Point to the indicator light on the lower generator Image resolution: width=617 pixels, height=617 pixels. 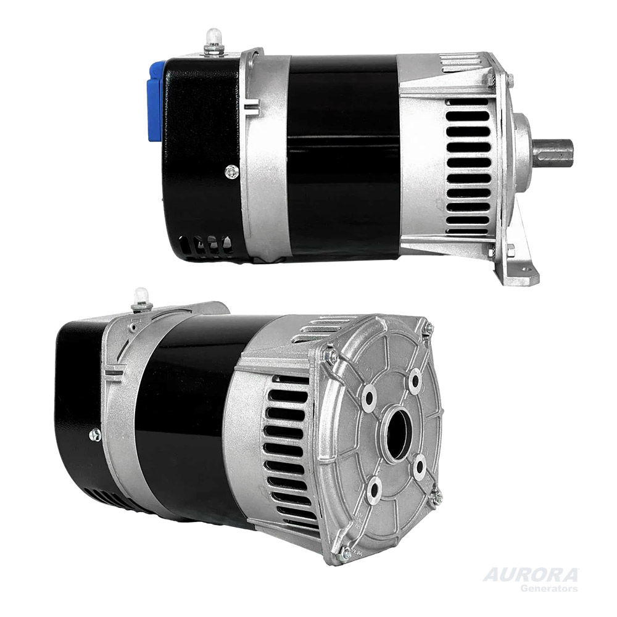point(141,297)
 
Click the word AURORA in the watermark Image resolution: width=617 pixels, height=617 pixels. point(530,575)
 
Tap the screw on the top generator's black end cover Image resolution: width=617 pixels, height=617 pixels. point(232,172)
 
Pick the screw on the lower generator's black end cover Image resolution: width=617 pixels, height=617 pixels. point(94,435)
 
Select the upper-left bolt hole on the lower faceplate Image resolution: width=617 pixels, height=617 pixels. point(368,397)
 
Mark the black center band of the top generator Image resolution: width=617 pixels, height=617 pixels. point(343,154)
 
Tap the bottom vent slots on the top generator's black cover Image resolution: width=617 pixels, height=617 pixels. point(207,244)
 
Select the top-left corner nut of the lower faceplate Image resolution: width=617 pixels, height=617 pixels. point(331,355)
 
